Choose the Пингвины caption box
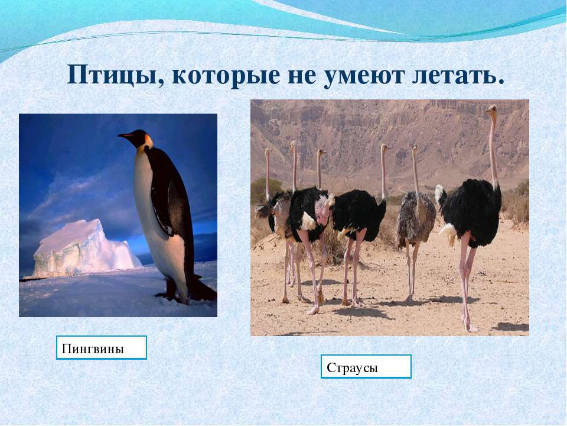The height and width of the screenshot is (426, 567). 101,348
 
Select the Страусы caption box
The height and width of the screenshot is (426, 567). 366,367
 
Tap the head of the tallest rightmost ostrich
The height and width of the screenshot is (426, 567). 491,110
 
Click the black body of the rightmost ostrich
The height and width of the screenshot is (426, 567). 472,207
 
